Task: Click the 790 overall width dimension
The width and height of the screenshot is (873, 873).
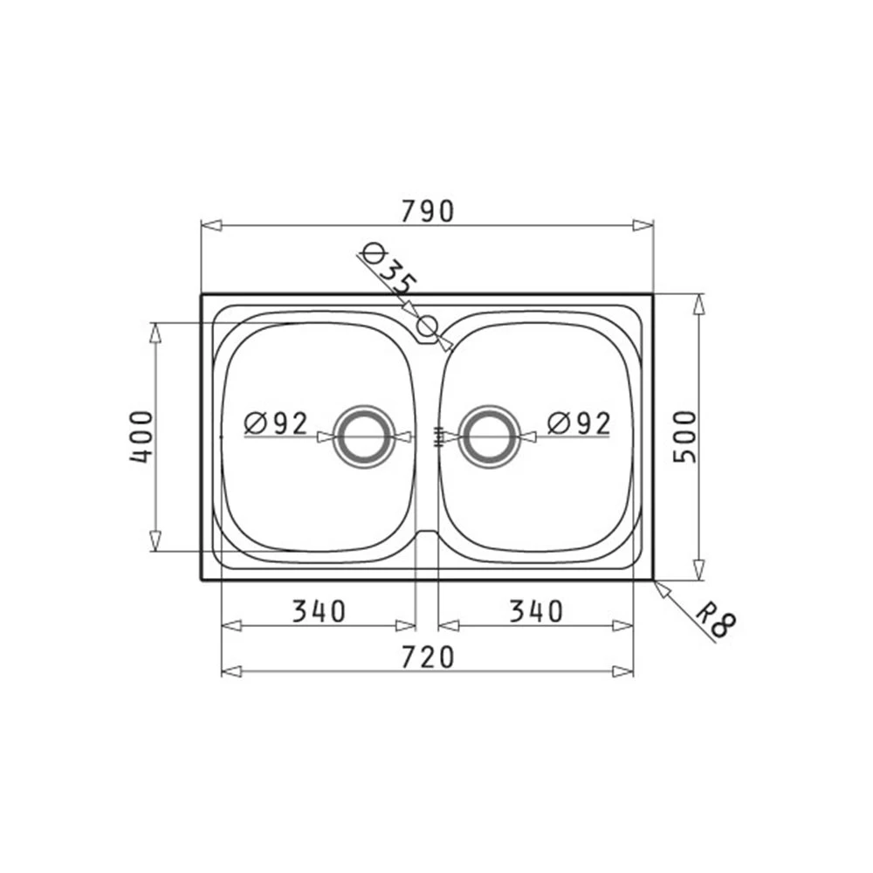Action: [428, 211]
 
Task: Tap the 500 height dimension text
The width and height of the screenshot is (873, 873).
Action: [684, 436]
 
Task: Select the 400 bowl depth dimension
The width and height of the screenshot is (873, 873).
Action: [141, 437]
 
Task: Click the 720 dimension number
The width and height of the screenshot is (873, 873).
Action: [428, 657]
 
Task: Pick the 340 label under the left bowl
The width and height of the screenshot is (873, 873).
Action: [320, 611]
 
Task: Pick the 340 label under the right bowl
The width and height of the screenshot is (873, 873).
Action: [537, 611]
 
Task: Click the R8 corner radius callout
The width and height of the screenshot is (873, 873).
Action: [717, 623]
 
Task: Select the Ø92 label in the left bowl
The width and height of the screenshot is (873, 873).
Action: [276, 423]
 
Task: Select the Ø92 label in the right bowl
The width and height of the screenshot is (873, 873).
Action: [579, 423]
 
